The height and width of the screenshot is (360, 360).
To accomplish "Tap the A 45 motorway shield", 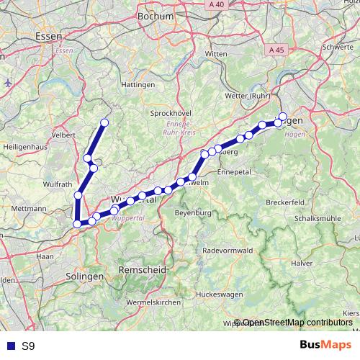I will coord(275,50).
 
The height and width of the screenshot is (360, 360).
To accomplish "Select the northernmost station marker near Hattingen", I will coord(104,122).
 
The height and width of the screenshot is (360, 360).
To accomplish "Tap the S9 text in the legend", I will coord(28,346).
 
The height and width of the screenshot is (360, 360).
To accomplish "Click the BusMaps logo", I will coord(325,346).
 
